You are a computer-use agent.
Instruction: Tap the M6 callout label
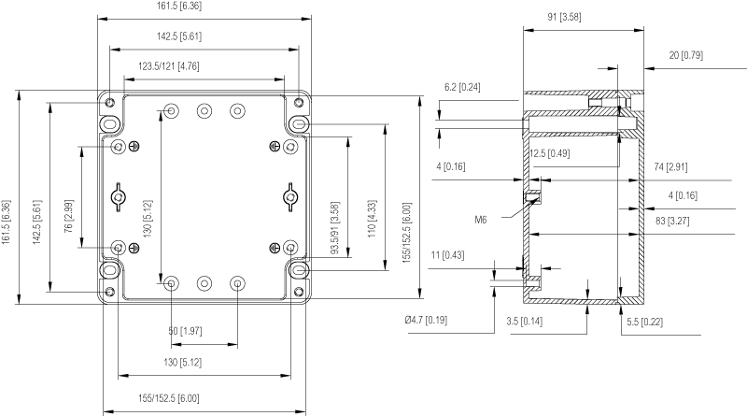(481, 220)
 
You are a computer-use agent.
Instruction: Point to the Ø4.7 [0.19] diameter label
(426, 321)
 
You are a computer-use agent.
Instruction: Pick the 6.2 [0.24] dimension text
(462, 88)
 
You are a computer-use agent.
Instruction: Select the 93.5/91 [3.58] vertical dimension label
(334, 225)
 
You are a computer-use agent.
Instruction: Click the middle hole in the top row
(204, 110)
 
